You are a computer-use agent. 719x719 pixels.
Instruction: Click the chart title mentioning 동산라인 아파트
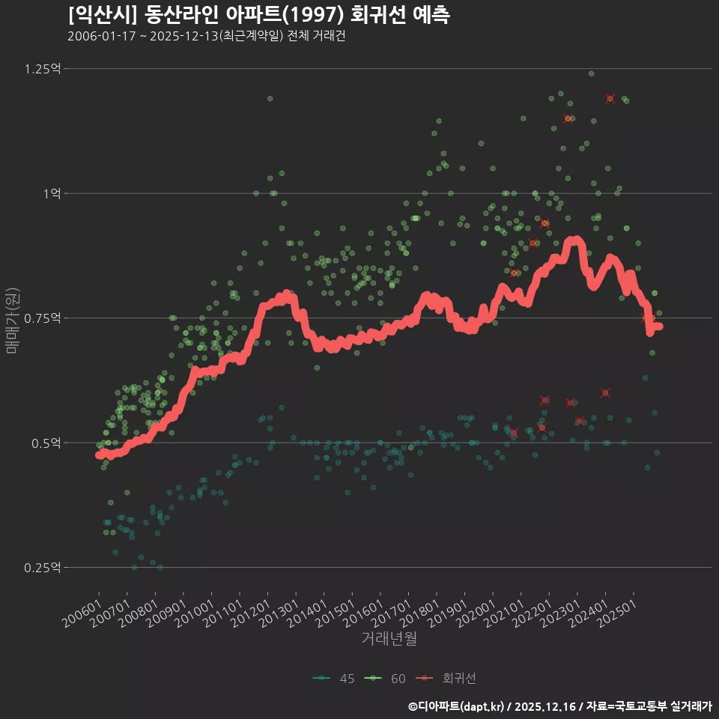coord(258,15)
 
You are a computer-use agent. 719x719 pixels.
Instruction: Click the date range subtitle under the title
coord(206,37)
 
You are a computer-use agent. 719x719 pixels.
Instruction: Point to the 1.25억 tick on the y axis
coord(43,69)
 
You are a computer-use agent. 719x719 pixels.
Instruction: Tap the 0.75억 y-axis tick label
coord(43,318)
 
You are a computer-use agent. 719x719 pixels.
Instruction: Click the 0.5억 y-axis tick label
coord(46,443)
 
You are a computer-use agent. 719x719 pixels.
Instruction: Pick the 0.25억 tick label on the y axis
coord(43,568)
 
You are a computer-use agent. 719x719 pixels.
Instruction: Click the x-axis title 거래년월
coord(389,639)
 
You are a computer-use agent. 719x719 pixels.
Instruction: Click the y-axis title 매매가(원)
coord(13,318)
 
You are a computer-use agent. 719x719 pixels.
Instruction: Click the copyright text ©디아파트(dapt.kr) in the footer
coord(458,706)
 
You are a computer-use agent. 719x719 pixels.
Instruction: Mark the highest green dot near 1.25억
coord(591,73)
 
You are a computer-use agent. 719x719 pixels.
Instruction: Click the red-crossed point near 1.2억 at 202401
coord(610,99)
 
